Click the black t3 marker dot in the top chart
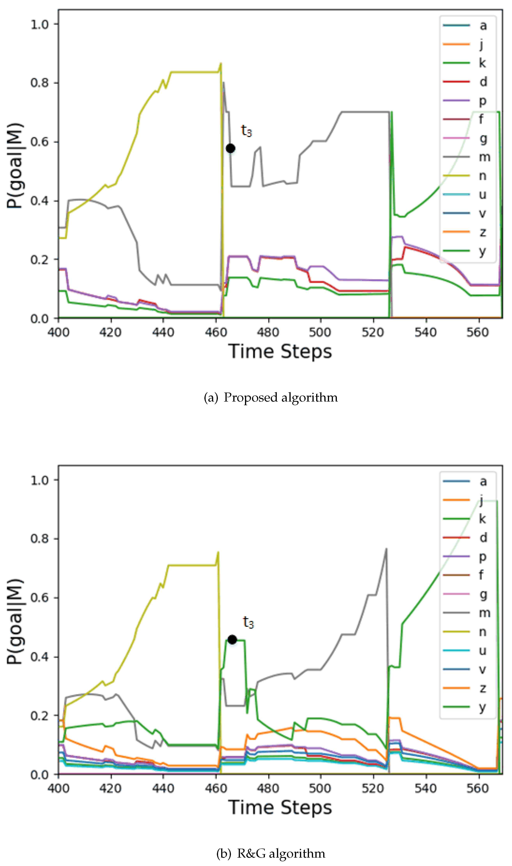pyautogui.click(x=231, y=148)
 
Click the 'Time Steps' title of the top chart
pyautogui.click(x=280, y=352)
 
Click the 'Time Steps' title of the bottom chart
pyautogui.click(x=280, y=807)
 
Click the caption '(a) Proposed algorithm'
pyautogui.click(x=271, y=397)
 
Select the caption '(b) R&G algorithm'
pyautogui.click(x=271, y=853)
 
